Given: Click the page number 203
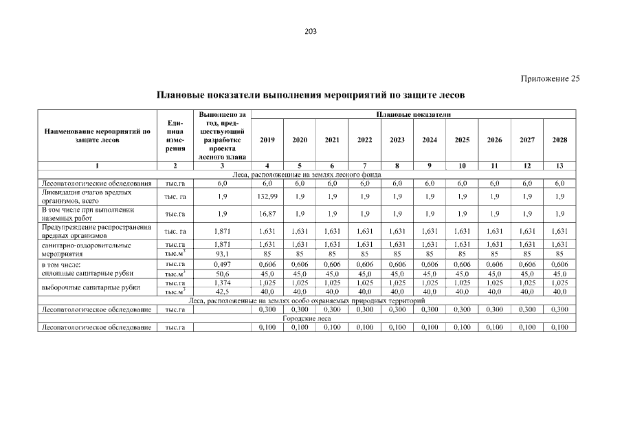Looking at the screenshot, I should click(311, 32).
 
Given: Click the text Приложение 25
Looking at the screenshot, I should click(550, 78).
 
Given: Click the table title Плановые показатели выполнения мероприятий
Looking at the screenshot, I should click(311, 93).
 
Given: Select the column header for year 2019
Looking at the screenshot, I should click(267, 140).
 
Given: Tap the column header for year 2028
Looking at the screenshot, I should click(559, 140).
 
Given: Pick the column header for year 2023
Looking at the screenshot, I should click(397, 140).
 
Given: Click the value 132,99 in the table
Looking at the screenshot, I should click(267, 197).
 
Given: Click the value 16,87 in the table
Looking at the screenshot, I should click(267, 214).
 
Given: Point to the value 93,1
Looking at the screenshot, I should click(222, 253).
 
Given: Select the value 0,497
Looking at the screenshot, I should click(222, 264).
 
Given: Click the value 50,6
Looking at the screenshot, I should click(222, 273).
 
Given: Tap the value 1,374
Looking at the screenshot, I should click(222, 283).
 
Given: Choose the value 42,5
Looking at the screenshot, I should click(222, 291).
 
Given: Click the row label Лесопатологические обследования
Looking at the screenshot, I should click(96, 184).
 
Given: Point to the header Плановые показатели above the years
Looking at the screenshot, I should click(414, 113).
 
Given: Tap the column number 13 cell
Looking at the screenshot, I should click(559, 166).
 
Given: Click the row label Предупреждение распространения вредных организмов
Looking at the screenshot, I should click(96, 232).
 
